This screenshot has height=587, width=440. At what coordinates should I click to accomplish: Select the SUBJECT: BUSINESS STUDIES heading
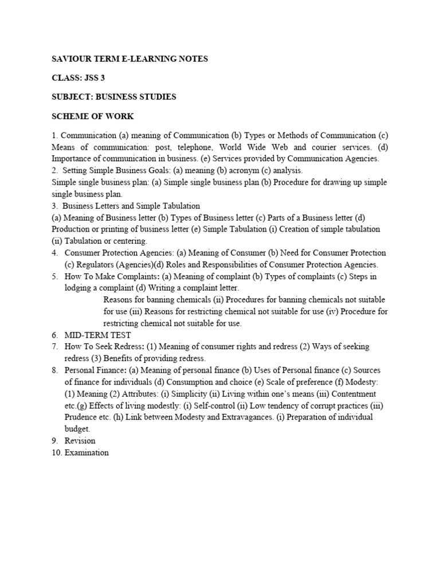114,97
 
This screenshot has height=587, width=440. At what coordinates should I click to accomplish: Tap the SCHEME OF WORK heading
93,116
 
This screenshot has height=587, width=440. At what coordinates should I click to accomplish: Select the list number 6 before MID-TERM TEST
55,335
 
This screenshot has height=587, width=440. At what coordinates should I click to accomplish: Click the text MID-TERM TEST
98,335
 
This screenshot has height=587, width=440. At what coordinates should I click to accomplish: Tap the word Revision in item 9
80,441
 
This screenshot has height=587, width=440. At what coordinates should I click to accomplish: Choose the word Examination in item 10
87,453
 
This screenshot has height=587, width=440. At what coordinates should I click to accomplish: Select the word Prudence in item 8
81,417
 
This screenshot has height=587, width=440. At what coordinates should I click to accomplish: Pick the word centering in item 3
128,241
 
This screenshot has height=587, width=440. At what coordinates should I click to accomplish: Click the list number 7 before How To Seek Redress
55,346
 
